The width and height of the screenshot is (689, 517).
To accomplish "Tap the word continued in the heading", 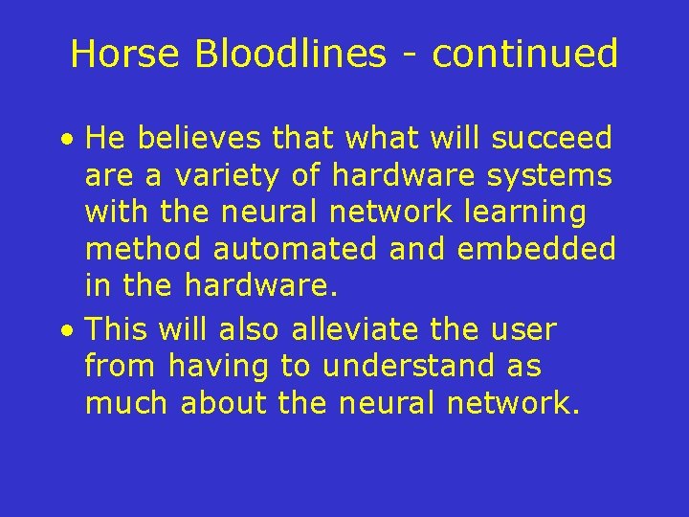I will coord(525,54).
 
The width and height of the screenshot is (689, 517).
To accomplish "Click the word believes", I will coord(199,139).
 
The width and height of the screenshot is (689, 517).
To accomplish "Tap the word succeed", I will coord(551,139).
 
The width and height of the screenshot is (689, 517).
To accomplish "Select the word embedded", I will coord(537,250).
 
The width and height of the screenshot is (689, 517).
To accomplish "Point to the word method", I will coord(144,250).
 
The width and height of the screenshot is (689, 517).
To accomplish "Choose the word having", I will coord(216,367).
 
